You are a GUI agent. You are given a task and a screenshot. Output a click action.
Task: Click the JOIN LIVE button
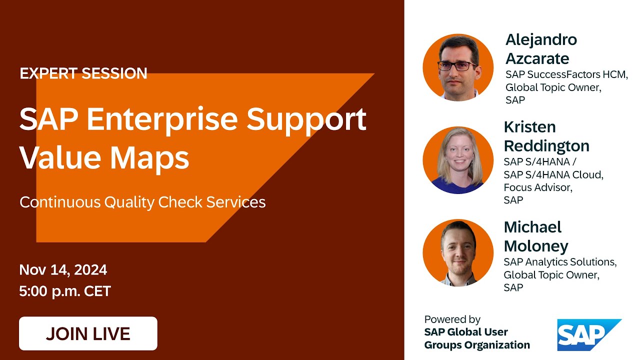88,333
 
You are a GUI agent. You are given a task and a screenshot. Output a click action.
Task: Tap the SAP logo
588,334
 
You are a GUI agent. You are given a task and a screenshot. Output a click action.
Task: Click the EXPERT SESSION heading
83,73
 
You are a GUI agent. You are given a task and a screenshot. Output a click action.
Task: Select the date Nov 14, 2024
63,270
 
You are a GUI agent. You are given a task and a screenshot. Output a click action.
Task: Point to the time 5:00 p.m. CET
65,291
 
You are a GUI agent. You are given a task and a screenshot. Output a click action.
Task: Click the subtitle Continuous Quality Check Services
142,202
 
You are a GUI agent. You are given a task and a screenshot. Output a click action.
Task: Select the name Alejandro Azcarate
540,49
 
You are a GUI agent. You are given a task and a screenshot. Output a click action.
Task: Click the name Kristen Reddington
546,136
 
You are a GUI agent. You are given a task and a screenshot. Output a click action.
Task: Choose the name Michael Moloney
535,236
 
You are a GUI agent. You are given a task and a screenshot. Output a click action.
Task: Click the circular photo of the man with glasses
458,67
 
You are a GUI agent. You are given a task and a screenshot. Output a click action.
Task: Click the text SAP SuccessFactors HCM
566,74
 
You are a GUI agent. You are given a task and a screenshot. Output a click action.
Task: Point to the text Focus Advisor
538,187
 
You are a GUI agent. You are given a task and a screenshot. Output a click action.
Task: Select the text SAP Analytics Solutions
560,262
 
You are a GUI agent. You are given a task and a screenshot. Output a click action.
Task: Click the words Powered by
452,319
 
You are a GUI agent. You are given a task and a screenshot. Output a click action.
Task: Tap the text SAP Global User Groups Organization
476,338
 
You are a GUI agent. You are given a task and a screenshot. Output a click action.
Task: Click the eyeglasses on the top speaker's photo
457,65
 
